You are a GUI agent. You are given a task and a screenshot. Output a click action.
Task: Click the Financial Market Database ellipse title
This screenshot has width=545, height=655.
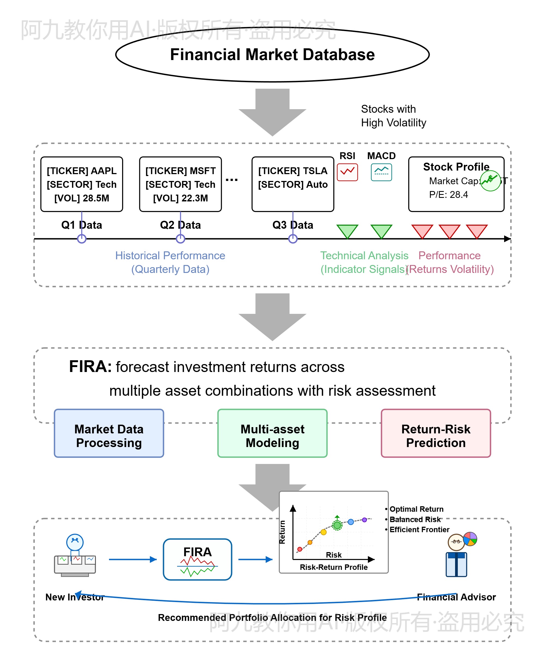point(272,55)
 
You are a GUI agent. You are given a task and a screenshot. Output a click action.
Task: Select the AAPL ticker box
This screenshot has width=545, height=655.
point(81,184)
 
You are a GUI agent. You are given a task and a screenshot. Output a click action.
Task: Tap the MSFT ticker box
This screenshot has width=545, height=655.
point(180,184)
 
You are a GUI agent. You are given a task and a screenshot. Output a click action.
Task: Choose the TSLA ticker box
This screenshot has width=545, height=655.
point(293,184)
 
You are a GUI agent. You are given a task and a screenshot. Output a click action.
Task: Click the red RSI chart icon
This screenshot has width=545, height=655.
point(347,172)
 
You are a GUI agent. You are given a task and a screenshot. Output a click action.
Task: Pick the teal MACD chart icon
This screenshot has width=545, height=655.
point(381,172)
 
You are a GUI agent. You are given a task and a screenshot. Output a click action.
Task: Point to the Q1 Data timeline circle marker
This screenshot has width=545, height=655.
point(81,239)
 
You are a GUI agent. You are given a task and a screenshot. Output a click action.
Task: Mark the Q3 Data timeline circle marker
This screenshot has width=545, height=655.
point(293,239)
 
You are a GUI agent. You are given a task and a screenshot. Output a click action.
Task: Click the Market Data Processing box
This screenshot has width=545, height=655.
point(109,436)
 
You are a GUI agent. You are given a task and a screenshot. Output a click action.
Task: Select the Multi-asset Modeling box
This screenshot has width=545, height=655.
point(272,436)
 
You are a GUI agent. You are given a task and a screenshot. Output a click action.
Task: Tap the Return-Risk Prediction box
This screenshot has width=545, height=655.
point(436,436)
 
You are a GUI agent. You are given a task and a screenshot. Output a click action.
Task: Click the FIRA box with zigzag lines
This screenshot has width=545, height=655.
point(198,559)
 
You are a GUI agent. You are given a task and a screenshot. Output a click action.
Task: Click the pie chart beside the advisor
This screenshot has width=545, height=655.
point(470,539)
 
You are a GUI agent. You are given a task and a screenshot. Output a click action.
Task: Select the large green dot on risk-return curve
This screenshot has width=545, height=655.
point(337,525)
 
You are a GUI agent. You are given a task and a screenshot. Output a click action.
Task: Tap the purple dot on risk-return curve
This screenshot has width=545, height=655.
point(364,520)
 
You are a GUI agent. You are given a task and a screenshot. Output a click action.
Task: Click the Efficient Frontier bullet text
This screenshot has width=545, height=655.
point(419,530)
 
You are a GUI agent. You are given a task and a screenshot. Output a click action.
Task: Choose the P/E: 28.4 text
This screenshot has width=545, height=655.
point(449,195)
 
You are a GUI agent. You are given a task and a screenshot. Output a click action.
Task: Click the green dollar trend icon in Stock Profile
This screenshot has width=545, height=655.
point(490,181)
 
